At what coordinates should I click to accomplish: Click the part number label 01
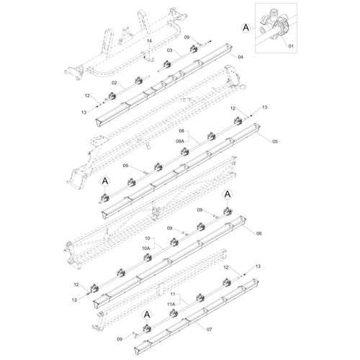click(292, 47)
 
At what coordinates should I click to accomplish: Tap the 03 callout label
click(170, 51)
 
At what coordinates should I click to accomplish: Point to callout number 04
click(240, 57)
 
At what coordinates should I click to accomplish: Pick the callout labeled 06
click(258, 234)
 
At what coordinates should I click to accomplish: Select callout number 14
click(149, 42)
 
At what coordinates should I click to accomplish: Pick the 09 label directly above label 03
click(186, 37)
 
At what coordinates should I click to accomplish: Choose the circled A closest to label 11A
click(146, 315)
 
